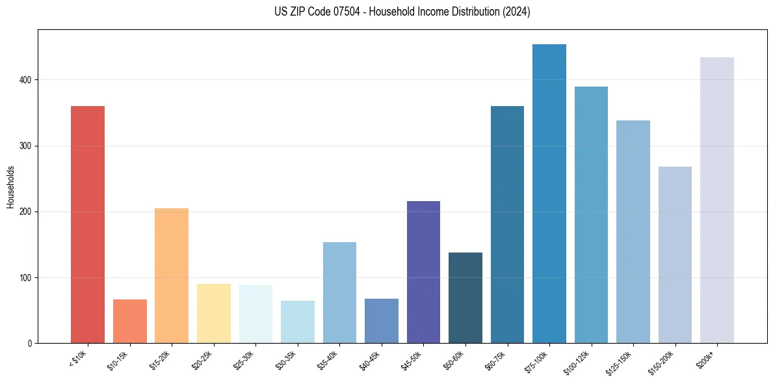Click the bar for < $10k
point(88,225)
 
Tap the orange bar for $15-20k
point(172,275)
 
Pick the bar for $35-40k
point(339,292)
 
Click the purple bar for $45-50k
point(423,272)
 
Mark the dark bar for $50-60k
point(465,297)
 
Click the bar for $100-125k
point(591,215)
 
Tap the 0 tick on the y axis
point(30,344)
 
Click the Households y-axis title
point(10,187)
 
